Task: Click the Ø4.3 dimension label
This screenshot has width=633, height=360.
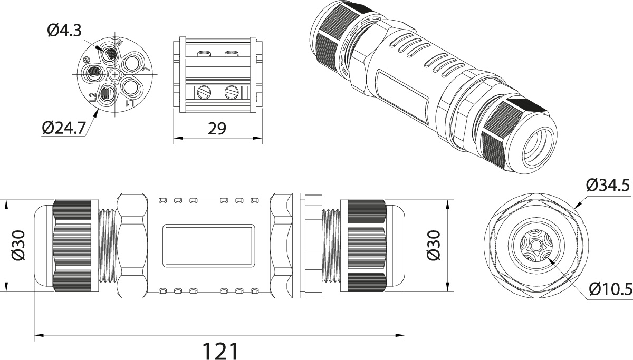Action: click(64, 31)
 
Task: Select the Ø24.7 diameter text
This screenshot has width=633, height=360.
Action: click(64, 128)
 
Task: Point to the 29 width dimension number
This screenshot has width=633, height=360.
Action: click(217, 129)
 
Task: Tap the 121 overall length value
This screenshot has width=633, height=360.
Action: click(220, 351)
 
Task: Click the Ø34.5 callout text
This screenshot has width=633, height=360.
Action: click(608, 185)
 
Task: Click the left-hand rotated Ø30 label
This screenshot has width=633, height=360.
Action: click(18, 245)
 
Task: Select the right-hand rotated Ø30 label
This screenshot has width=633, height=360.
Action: click(433, 245)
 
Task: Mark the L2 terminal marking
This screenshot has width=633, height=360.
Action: click(92, 98)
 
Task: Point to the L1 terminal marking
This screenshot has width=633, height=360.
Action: click(130, 103)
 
